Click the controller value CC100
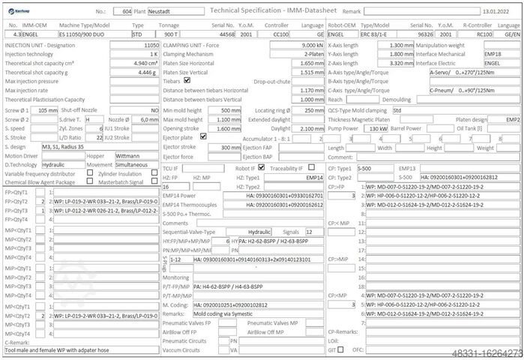tap(280, 34)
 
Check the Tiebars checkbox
tap(187, 81)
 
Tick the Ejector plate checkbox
tap(199, 137)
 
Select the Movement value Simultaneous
tap(136, 164)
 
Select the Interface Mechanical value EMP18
tap(493, 54)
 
